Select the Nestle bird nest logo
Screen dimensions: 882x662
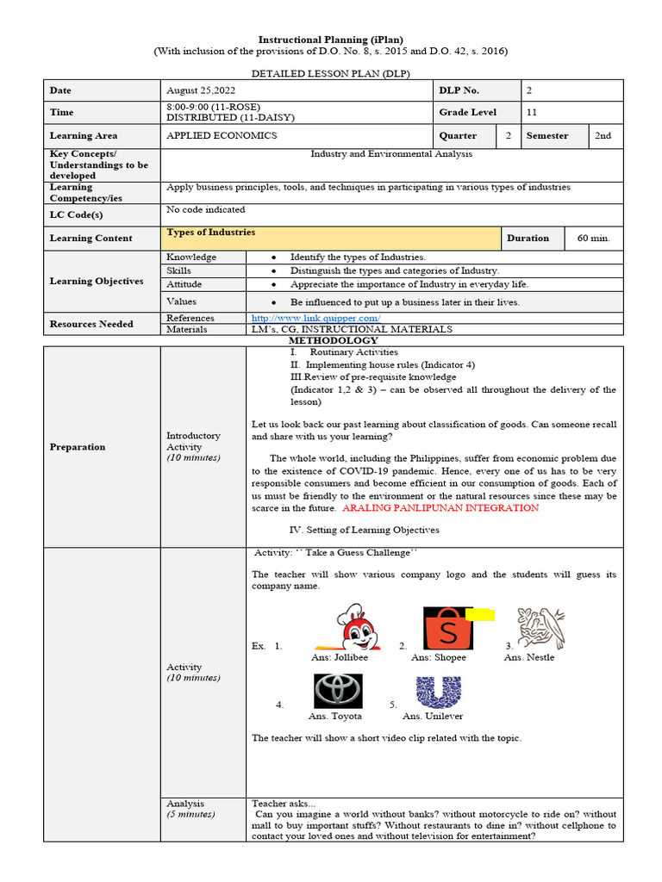[x=541, y=628]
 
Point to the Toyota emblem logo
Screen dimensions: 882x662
[x=336, y=690]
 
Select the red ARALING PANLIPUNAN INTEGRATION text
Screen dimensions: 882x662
[x=440, y=508]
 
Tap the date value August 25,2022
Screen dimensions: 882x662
[x=201, y=90]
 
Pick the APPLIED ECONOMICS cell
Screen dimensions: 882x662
[x=222, y=135]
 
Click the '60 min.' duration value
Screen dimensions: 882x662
[x=593, y=238]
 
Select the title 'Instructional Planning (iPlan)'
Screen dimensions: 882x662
[x=331, y=40]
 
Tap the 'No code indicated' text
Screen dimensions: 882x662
[x=205, y=209]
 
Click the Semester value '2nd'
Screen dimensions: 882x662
[x=603, y=135]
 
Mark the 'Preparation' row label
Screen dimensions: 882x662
[x=78, y=446]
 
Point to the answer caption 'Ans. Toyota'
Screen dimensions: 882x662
[x=335, y=716]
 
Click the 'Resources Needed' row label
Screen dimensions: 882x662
[x=91, y=324]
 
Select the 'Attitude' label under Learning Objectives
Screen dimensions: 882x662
[x=184, y=283]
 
